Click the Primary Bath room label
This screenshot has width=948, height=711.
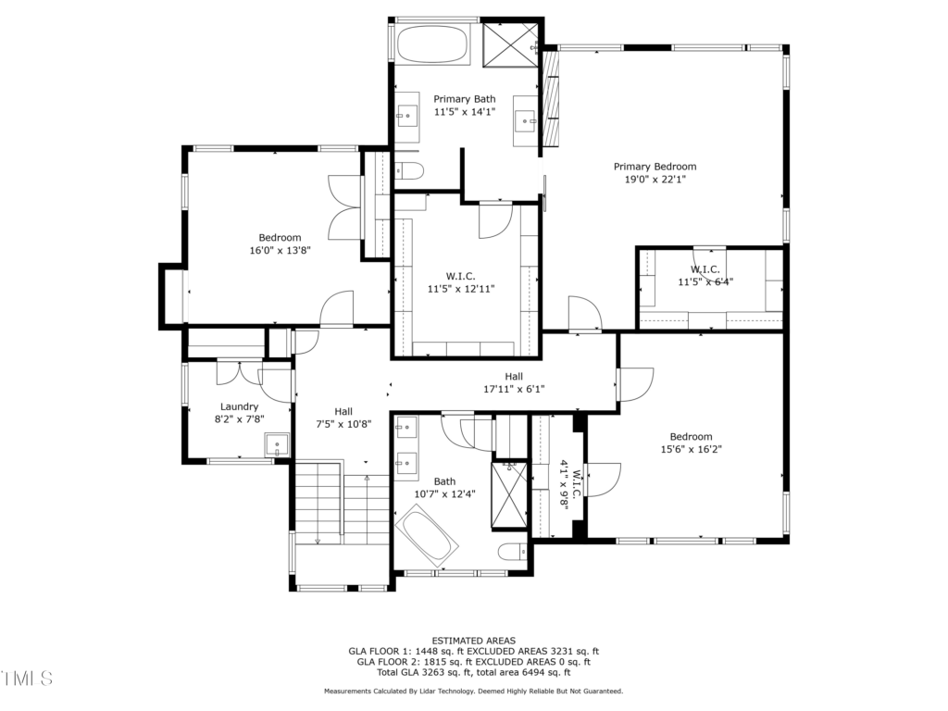click(465, 99)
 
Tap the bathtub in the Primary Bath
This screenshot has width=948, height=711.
click(432, 44)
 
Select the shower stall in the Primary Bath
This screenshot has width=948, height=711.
click(510, 44)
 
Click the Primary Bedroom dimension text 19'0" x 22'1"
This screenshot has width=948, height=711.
click(655, 180)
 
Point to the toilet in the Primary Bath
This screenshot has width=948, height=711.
click(408, 171)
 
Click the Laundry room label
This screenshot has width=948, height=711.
click(240, 407)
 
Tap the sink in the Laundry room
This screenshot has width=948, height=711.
click(277, 445)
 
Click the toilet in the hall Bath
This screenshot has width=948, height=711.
click(513, 552)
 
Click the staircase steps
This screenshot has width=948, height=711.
click(343, 503)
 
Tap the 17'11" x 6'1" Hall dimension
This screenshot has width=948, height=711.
click(514, 390)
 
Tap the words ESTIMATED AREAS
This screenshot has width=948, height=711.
click(474, 641)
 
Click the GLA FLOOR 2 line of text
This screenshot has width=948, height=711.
click(474, 662)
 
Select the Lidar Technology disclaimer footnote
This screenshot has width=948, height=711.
click(474, 691)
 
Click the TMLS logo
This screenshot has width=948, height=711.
click(27, 679)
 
